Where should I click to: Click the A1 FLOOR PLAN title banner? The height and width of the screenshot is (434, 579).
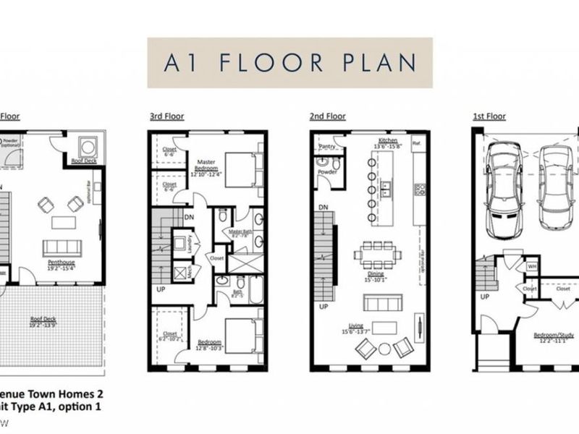(289, 63)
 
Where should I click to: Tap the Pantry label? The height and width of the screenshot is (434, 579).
(325, 147)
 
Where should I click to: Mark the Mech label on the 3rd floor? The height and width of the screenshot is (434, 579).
(188, 273)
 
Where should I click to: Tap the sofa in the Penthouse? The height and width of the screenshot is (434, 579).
(62, 247)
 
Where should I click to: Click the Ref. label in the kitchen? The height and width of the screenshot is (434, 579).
(416, 143)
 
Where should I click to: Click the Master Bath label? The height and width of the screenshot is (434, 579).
(240, 233)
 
